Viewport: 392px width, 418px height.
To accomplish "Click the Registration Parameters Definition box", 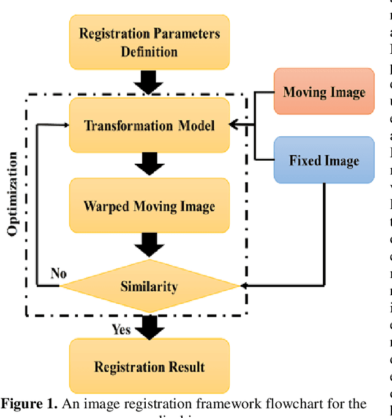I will (149, 42).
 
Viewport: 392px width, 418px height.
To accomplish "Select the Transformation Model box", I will (149, 126).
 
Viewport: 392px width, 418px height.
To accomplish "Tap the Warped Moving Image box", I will (149, 205).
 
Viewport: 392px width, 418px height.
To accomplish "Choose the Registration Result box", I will (149, 367).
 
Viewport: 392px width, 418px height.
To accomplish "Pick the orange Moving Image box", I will (324, 92).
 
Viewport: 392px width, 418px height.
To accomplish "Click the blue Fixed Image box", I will (324, 161).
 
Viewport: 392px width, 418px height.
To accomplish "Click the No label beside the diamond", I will (59, 273).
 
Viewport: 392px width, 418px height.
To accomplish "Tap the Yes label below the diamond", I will (121, 329).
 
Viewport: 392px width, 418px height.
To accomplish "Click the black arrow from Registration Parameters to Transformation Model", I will (149, 81).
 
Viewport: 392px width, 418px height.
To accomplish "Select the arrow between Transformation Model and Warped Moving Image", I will (149, 163).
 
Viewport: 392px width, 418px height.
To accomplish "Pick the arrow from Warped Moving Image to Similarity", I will (149, 246).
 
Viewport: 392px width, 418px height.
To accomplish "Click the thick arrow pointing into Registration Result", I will (149, 326).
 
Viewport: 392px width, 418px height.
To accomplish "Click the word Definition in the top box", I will (149, 51).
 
